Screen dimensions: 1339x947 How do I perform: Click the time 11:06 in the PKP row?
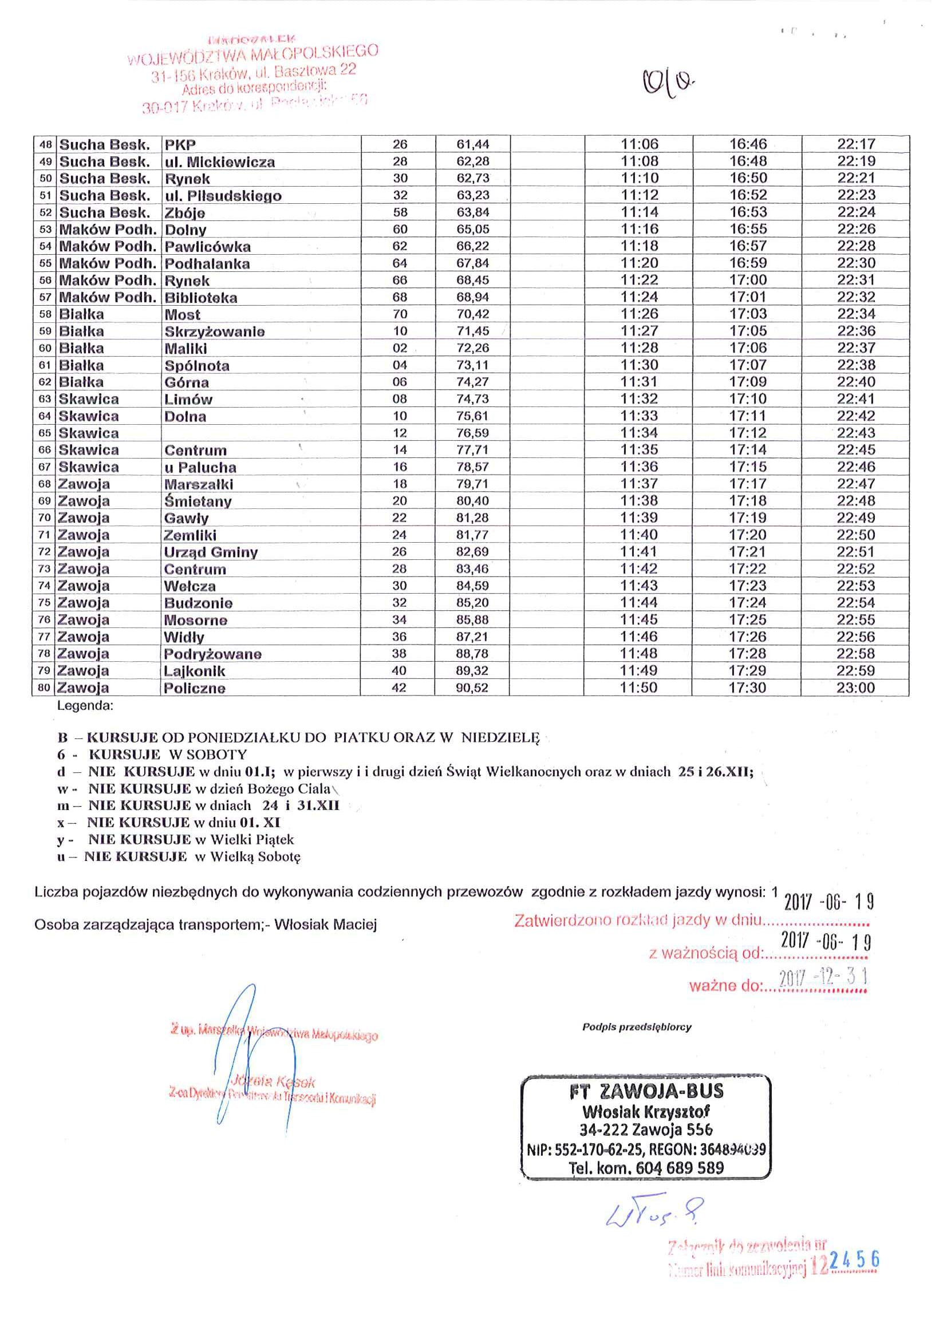point(639,144)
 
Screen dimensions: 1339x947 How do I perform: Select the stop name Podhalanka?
point(207,263)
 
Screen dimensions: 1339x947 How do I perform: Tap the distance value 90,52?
point(472,688)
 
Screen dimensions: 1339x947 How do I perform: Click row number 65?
point(45,433)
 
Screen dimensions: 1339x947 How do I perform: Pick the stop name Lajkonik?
point(194,672)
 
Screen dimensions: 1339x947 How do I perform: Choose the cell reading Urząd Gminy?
point(211,552)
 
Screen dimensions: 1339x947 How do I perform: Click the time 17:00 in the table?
point(748,280)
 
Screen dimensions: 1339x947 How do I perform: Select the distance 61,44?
point(473,144)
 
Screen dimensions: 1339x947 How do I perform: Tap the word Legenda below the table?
point(85,706)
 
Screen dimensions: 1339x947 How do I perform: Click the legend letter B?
point(62,738)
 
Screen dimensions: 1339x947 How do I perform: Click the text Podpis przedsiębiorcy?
point(636,1027)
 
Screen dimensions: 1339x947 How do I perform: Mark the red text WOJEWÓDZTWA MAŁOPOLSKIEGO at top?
point(252,55)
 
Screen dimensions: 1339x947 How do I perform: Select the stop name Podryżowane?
point(212,654)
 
